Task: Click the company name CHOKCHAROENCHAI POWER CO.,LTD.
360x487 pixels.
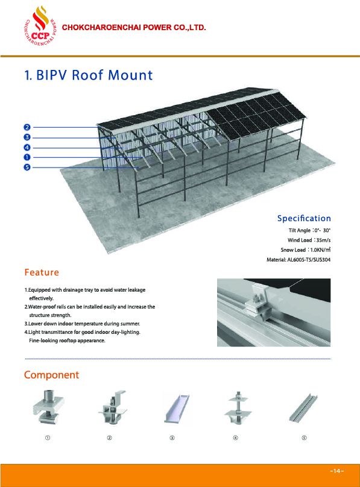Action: [134, 28]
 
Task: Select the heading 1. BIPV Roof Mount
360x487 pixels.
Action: [89, 75]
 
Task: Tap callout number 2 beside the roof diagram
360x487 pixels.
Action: [27, 127]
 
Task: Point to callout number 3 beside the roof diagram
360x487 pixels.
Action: [27, 137]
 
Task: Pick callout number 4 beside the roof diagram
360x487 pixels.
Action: [27, 148]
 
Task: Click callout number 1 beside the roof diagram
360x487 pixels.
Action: [27, 157]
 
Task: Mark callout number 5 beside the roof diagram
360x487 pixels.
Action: [27, 168]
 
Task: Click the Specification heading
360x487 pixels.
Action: [304, 218]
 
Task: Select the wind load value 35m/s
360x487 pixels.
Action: [323, 240]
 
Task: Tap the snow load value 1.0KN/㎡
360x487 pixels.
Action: [320, 250]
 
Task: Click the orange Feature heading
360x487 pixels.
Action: [42, 272]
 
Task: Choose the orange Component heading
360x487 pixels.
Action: [52, 375]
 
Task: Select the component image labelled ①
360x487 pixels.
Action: [48, 407]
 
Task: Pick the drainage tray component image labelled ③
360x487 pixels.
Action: [177, 409]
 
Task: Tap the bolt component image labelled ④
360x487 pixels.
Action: [238, 407]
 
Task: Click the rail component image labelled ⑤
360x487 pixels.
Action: [304, 408]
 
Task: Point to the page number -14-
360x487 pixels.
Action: [336, 471]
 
